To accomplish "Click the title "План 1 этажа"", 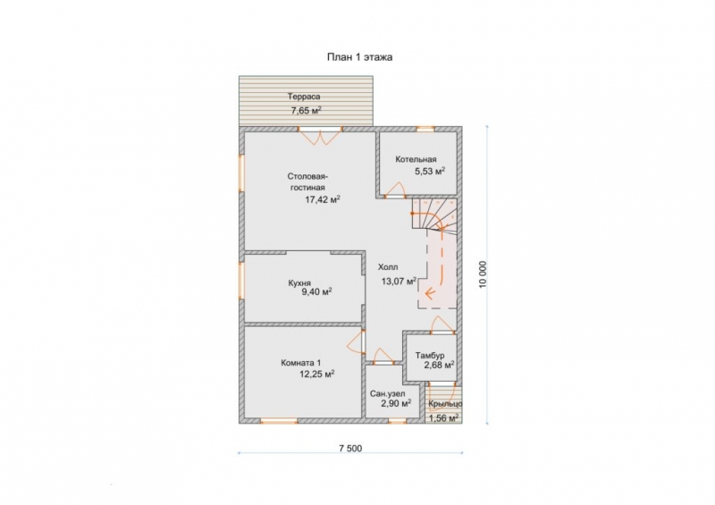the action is click(359, 57).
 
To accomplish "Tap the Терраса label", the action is click(304, 97).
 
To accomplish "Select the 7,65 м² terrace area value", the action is click(306, 110).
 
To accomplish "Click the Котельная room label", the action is click(416, 159).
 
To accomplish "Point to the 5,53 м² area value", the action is click(430, 172).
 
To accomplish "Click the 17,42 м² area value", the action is click(323, 199).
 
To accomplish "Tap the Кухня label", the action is click(299, 282).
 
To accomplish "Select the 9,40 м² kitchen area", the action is click(316, 292).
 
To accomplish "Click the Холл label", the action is click(388, 267).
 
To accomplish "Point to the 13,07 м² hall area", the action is click(399, 281).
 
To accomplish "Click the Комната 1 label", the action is click(301, 363).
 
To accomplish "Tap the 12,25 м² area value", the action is click(317, 375).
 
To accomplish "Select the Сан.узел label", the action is click(388, 393).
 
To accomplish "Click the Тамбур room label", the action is click(430, 356).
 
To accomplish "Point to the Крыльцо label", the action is click(445, 404).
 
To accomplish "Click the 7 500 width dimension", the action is click(350, 449).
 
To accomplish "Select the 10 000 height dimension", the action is click(484, 274).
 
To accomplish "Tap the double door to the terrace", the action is click(321, 138).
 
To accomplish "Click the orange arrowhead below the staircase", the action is click(429, 292).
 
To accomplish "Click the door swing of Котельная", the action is click(396, 189).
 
